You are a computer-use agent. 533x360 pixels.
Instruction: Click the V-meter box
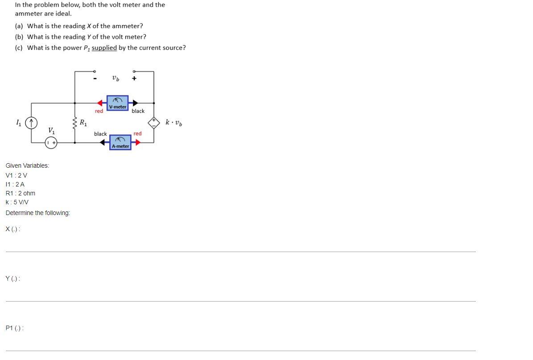118,103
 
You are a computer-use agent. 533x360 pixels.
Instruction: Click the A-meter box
120,142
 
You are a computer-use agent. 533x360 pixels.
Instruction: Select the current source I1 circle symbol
31,123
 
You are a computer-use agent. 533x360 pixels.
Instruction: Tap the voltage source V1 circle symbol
51,143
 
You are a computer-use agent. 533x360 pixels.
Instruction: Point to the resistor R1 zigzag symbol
75,123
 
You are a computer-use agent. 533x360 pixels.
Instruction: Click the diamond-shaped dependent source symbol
153,123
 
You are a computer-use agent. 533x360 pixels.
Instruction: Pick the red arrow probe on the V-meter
99,103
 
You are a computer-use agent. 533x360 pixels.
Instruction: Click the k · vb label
174,122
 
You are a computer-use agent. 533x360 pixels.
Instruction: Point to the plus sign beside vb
134,79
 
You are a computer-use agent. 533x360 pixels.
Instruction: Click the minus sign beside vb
95,79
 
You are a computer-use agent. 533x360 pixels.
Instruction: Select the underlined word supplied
104,48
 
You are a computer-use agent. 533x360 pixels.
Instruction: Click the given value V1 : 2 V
17,175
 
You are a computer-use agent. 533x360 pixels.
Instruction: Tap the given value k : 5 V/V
17,202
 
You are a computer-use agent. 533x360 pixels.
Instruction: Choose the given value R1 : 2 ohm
21,194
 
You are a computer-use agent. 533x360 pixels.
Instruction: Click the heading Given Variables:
27,166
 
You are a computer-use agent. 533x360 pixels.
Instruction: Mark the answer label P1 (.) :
15,328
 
